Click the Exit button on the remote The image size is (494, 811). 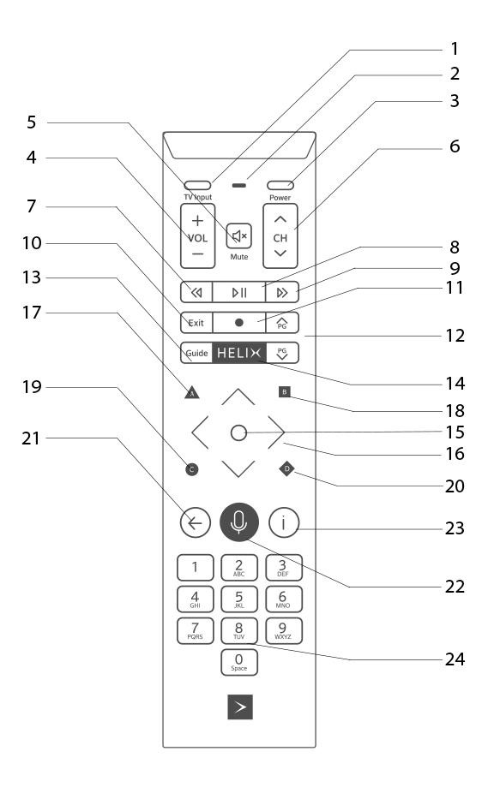[196, 323]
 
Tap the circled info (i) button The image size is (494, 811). [283, 522]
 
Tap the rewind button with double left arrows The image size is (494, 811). [196, 292]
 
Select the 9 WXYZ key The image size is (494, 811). [282, 629]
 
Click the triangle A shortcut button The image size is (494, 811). [190, 394]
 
